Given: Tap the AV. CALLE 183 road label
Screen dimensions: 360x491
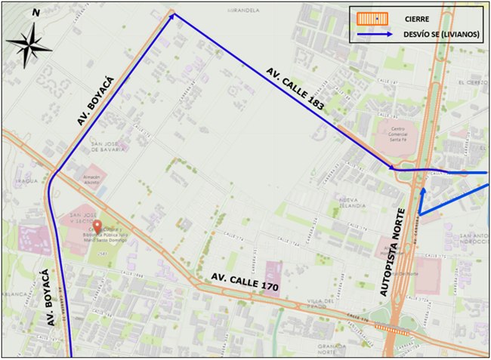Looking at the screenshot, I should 295,90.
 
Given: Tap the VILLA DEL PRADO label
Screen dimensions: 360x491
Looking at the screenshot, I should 324,303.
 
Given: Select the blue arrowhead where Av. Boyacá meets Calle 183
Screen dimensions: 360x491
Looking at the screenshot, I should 173,15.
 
